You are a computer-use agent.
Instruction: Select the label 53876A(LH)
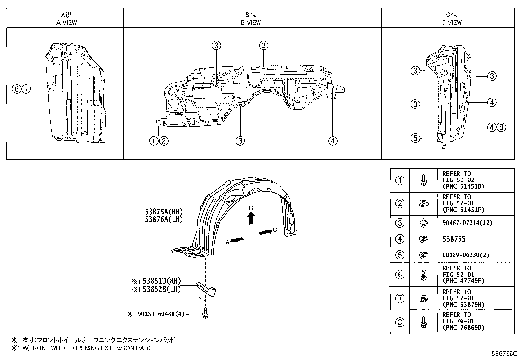[x=164, y=219]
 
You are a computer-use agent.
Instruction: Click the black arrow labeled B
[x=251, y=218]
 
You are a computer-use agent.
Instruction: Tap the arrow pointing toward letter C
[x=264, y=232]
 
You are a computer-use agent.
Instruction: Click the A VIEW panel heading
[x=66, y=22]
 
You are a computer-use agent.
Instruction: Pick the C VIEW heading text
[x=451, y=22]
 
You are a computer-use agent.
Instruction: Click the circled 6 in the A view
[x=16, y=89]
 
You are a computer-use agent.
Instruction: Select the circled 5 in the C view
[x=415, y=138]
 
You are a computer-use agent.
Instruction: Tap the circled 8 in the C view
[x=501, y=127]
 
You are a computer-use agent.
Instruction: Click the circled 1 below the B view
[x=154, y=141]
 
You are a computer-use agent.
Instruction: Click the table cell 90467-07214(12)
[x=467, y=223]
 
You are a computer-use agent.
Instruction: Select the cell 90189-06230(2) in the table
[x=466, y=255]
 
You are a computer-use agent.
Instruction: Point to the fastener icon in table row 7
[x=423, y=298]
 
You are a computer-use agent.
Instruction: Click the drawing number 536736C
[x=504, y=354]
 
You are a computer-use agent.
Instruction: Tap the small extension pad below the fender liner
[x=207, y=289]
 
